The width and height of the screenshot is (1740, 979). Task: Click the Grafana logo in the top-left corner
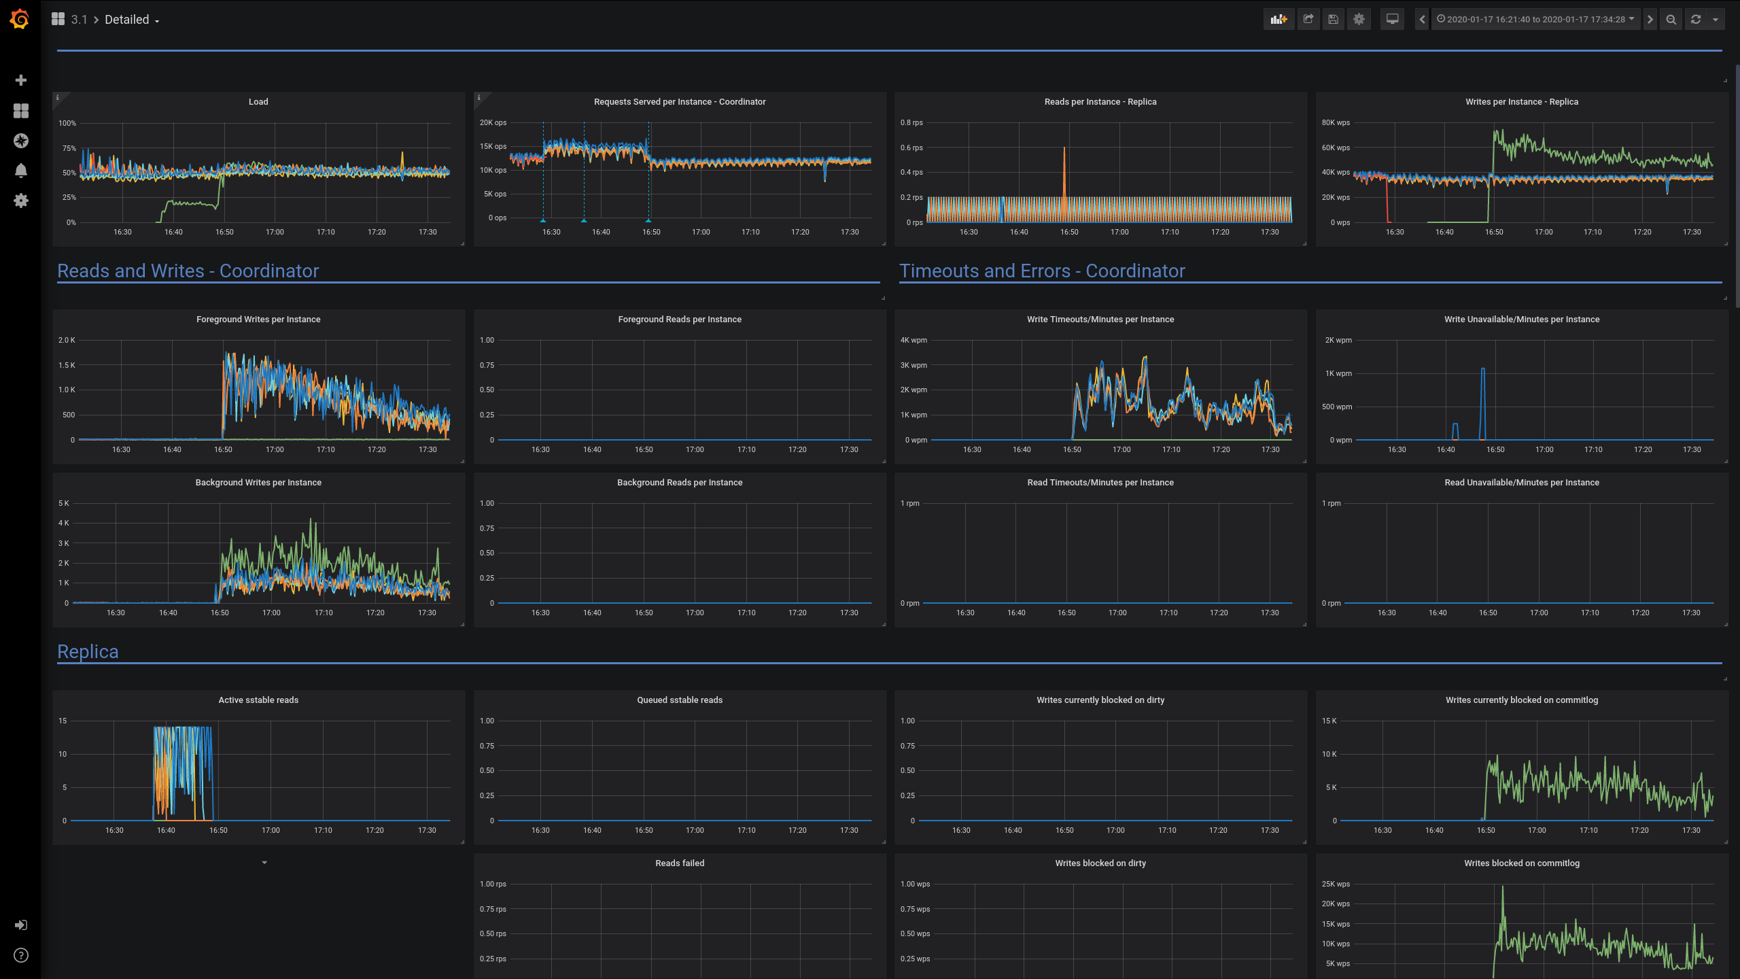click(20, 19)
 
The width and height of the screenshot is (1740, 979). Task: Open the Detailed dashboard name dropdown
click(132, 20)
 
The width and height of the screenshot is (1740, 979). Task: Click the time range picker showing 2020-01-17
click(1535, 19)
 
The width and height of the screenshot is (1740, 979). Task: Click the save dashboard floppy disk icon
click(1333, 19)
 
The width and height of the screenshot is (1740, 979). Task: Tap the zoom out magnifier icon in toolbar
click(1671, 20)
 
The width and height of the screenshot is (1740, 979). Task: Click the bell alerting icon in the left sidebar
click(20, 171)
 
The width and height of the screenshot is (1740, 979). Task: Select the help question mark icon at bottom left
click(20, 955)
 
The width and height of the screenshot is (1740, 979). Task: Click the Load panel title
click(258, 102)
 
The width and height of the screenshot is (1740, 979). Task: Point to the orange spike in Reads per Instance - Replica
click(1064, 170)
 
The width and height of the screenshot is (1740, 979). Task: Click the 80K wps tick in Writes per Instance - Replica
click(1335, 123)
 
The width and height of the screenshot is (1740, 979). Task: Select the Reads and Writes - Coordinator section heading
click(188, 271)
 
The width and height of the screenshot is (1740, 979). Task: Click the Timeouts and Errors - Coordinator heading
click(1041, 271)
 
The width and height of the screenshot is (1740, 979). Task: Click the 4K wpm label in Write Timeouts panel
click(913, 341)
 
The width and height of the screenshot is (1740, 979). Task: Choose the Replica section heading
click(88, 651)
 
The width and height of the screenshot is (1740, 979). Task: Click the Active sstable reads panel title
click(258, 700)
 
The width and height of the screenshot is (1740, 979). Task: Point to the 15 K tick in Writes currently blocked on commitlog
click(1329, 721)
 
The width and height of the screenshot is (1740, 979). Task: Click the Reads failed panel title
click(680, 863)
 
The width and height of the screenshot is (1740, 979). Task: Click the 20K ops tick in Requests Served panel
click(493, 123)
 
